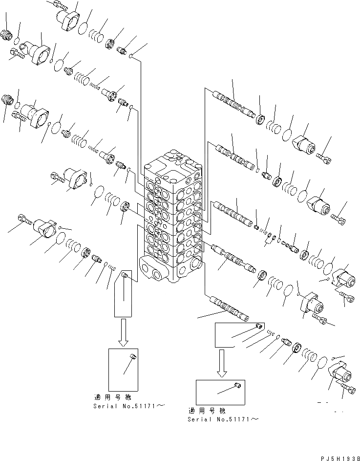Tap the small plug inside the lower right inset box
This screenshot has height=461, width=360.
tap(237, 386)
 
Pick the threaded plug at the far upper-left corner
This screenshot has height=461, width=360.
tap(8, 35)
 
